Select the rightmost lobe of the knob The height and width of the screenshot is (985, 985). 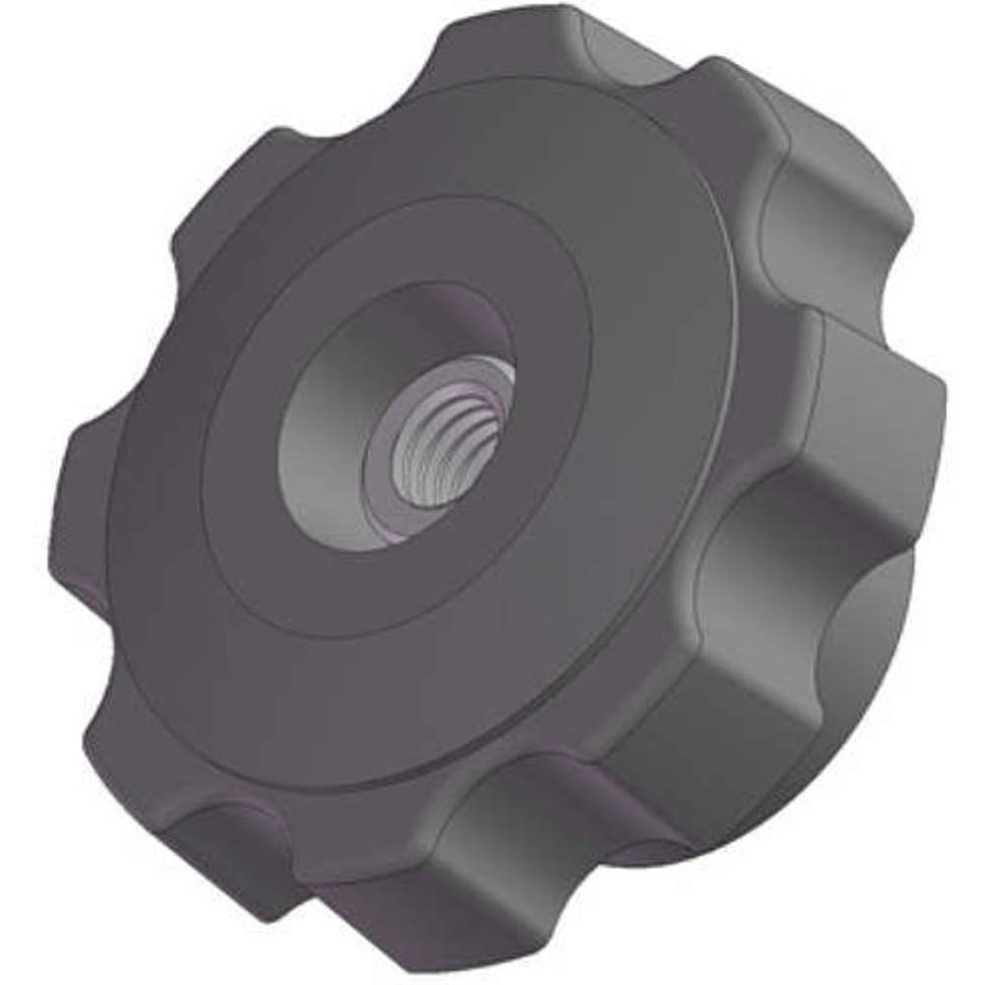click(877, 414)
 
